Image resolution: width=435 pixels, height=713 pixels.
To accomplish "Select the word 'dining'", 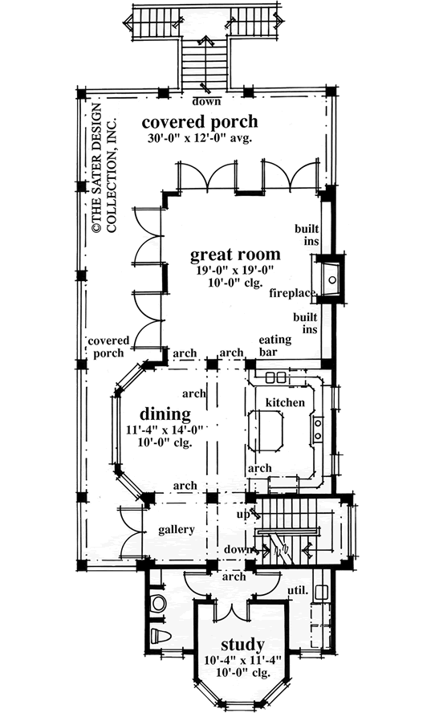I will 165,414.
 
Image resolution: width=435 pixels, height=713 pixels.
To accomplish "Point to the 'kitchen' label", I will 285,401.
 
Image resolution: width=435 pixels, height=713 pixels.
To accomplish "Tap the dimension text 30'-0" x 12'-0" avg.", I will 200,139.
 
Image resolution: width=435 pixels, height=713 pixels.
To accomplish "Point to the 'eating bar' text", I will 274,346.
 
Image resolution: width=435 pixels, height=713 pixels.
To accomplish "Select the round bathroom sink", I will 157,603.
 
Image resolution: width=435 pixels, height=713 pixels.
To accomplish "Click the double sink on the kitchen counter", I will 277,377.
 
